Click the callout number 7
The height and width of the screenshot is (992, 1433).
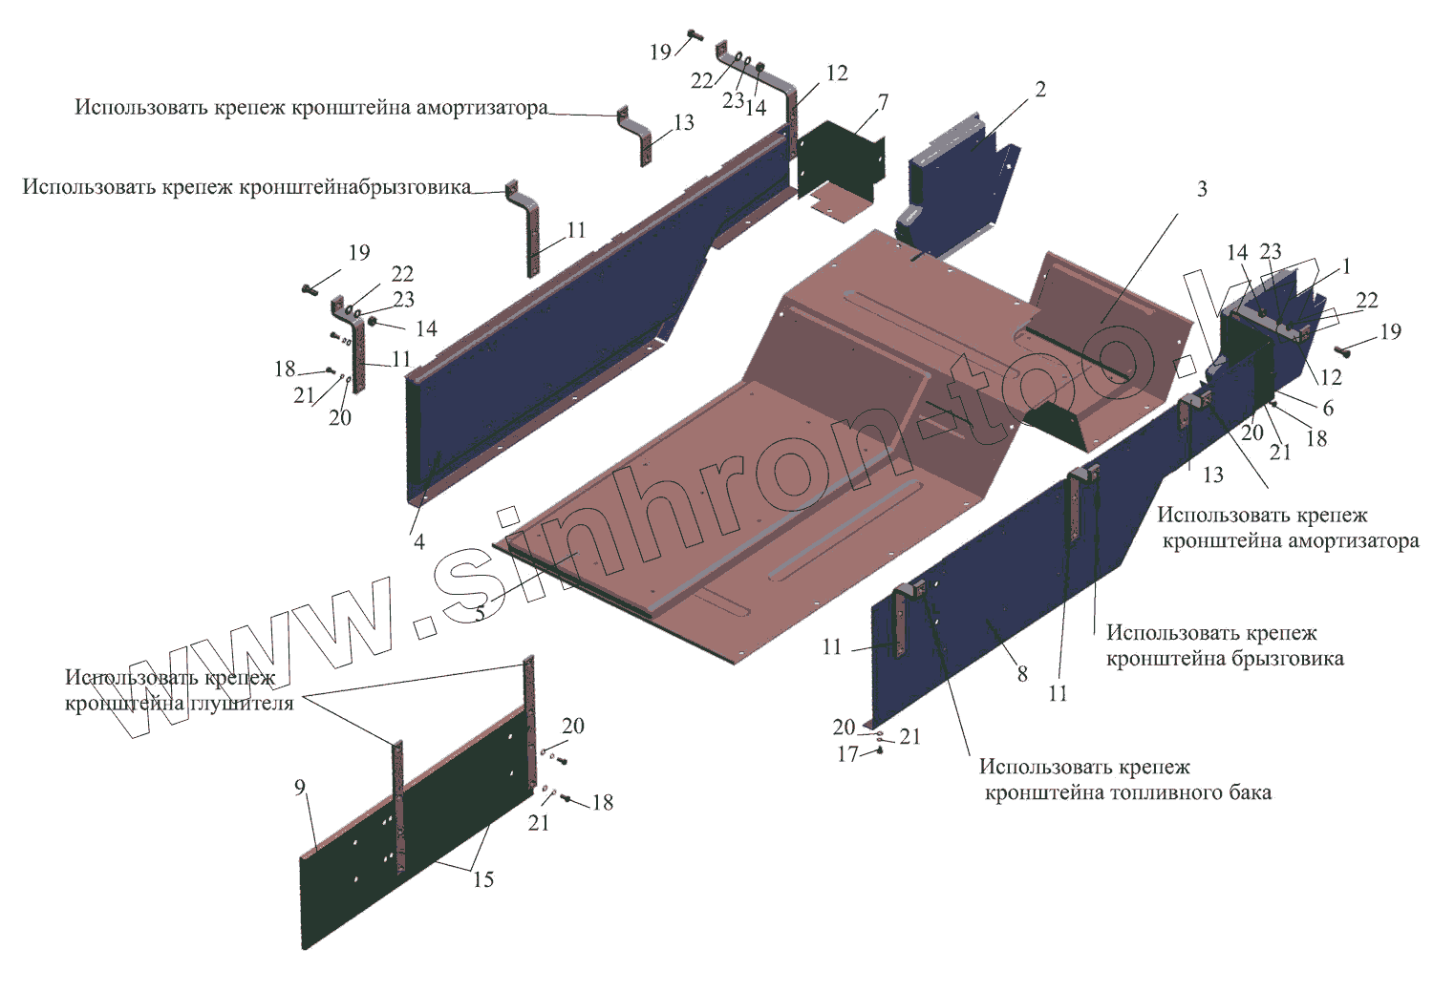(883, 102)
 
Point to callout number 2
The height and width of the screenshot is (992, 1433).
(1040, 90)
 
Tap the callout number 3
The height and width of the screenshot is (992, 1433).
(1202, 189)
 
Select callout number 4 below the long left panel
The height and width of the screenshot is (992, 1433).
(418, 542)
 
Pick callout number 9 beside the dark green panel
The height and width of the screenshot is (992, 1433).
(300, 788)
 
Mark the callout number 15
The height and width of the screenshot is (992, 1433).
(483, 879)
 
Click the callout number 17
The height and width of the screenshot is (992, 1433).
(847, 754)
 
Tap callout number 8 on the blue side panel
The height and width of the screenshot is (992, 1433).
(1022, 674)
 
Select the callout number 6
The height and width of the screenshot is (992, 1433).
(1328, 408)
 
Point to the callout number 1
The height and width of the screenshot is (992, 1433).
(1347, 266)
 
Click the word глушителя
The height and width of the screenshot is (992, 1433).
(240, 704)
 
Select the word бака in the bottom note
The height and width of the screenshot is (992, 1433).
(1250, 792)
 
